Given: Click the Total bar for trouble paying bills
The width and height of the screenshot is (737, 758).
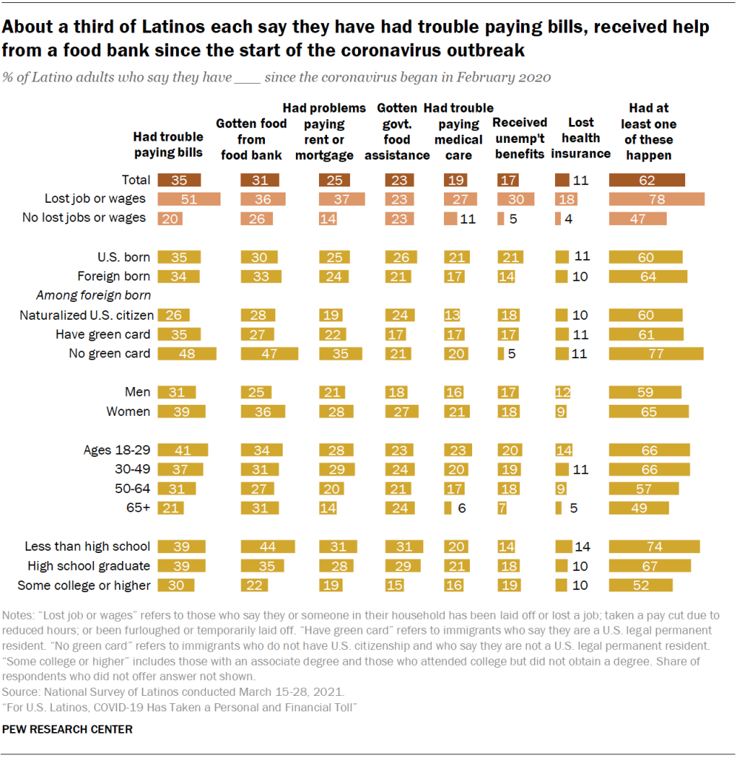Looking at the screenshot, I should [x=180, y=180].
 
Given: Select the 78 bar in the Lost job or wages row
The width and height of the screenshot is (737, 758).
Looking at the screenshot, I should [x=656, y=198].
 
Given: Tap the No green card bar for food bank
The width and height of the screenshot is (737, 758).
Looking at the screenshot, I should [x=269, y=353].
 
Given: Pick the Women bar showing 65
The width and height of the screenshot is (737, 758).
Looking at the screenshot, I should [x=649, y=412].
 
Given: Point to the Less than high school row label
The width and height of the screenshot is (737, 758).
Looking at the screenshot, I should [x=87, y=546].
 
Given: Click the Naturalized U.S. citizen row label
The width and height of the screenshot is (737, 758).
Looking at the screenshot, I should [x=85, y=315].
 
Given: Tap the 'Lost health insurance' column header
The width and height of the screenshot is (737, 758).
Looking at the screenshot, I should [x=581, y=138].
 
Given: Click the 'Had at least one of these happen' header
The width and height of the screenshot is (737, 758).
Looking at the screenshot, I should [x=647, y=131].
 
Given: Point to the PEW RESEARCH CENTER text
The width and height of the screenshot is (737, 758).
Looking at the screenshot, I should [x=68, y=729].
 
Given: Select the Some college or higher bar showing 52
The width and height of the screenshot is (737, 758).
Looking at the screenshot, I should [x=641, y=585].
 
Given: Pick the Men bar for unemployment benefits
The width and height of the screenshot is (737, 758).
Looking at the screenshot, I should [x=510, y=392].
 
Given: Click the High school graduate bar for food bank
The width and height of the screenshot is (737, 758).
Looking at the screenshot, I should [x=263, y=566].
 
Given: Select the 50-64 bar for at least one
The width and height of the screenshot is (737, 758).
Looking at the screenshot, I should [x=644, y=489].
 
